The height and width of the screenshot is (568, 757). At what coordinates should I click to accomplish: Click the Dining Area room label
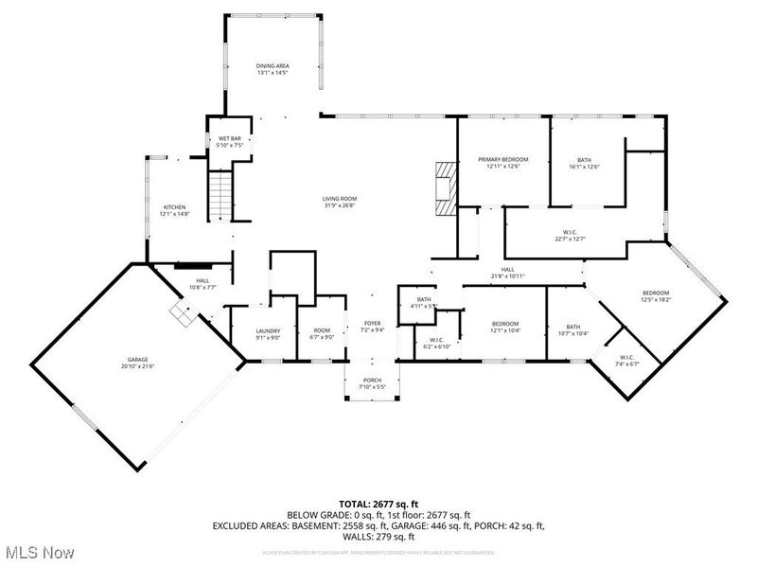tap(272, 69)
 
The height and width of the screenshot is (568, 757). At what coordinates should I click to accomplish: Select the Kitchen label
tap(174, 210)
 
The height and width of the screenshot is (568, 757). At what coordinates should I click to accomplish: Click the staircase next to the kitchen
tap(220, 193)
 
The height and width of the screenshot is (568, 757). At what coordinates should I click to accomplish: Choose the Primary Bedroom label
tap(502, 162)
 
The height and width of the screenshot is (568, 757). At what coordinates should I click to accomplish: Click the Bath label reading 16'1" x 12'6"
tap(585, 162)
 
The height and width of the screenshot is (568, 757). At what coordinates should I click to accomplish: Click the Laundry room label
tap(268, 334)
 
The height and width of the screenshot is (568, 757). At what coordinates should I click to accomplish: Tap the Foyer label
tap(372, 327)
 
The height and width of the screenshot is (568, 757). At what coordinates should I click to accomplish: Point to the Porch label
tap(372, 384)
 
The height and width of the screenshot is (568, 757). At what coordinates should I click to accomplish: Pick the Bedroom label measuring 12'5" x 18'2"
tap(656, 295)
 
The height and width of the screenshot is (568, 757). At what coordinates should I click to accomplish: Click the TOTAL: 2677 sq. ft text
tap(378, 504)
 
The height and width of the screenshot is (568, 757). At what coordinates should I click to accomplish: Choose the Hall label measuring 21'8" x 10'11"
tap(507, 274)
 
